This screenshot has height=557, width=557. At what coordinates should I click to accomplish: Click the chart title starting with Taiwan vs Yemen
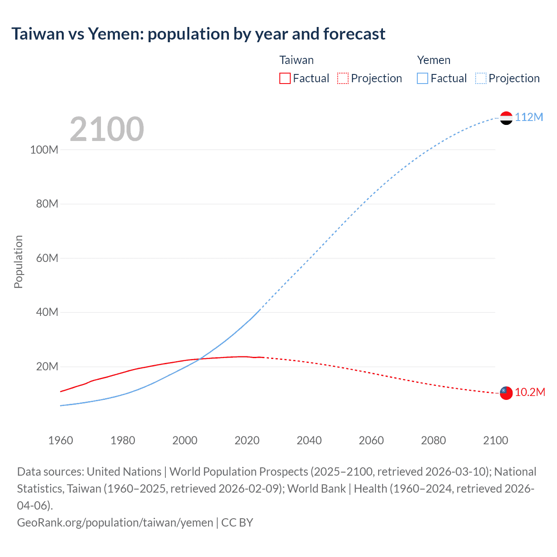click(x=198, y=34)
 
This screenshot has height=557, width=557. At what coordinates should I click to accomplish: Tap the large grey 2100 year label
click(x=107, y=129)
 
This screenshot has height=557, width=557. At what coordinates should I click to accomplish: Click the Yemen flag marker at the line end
click(x=506, y=118)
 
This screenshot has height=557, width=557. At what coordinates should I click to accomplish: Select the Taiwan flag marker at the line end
click(x=506, y=393)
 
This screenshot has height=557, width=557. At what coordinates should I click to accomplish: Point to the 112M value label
click(x=529, y=117)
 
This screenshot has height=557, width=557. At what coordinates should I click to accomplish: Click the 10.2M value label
click(x=530, y=393)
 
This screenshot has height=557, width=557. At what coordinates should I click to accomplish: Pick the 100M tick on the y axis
click(x=44, y=150)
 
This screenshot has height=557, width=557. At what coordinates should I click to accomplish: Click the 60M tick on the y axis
click(x=47, y=258)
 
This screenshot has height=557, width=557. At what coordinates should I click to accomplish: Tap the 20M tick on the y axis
click(x=47, y=366)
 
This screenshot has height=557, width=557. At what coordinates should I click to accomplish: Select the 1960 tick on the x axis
click(x=60, y=440)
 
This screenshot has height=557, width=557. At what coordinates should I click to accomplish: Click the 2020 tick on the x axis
click(x=247, y=440)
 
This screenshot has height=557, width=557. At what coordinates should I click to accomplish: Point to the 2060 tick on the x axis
click(x=371, y=440)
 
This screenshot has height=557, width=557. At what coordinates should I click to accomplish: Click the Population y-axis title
click(x=18, y=262)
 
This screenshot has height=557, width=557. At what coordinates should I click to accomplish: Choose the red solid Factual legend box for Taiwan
click(x=285, y=78)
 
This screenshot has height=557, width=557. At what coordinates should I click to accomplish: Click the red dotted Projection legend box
click(x=343, y=78)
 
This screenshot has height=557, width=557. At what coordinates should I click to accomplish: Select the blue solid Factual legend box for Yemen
click(x=423, y=78)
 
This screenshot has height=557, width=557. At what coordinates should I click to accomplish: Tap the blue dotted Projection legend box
click(x=481, y=78)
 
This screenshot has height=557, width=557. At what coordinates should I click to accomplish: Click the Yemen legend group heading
click(x=434, y=60)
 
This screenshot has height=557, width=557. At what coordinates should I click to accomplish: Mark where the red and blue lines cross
click(x=199, y=359)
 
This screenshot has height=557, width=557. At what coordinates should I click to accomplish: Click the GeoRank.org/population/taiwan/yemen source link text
click(x=115, y=523)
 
